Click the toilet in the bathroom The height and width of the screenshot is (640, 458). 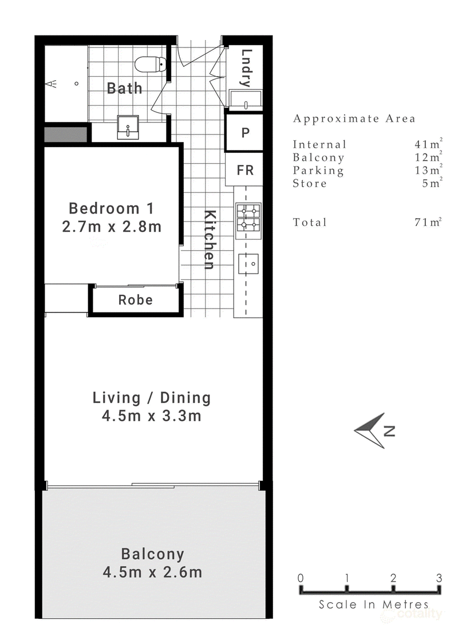[x=151, y=65]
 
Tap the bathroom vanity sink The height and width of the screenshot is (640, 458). [x=128, y=127]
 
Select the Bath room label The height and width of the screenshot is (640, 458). [x=124, y=88]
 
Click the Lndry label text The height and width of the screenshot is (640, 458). [x=246, y=68]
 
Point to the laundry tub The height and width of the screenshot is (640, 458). [x=246, y=100]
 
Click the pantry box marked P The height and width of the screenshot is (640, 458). [x=244, y=133]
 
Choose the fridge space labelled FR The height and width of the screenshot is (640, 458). [x=244, y=170]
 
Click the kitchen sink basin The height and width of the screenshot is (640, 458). [x=248, y=264]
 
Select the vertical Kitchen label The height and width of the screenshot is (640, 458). [x=209, y=240]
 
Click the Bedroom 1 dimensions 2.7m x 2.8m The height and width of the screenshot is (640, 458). [x=112, y=227]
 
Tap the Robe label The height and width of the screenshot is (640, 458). [x=136, y=300]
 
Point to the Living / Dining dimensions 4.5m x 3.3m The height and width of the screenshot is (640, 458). [x=152, y=416]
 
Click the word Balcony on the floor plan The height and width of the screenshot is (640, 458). [x=153, y=554]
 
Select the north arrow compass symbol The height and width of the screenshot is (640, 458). [x=370, y=430]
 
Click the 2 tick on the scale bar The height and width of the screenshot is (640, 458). [x=393, y=589]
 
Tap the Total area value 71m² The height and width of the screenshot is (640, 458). [x=428, y=222]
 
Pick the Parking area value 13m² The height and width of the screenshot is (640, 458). [x=428, y=170]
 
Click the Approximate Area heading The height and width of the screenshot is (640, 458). [x=354, y=118]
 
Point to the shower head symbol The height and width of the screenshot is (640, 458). [x=50, y=84]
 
